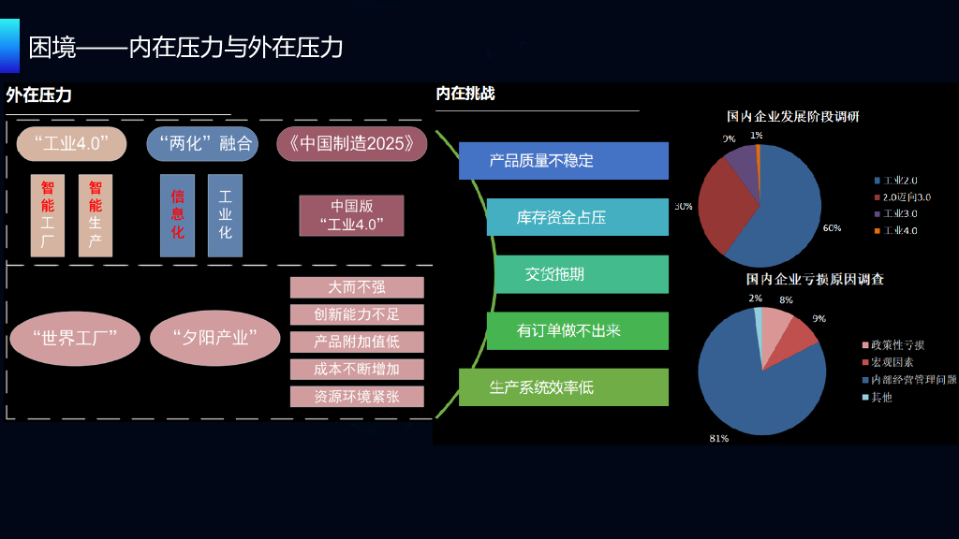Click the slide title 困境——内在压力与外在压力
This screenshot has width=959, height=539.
point(185,47)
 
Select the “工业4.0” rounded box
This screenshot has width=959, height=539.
point(71,143)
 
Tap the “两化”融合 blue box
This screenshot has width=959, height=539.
point(202,143)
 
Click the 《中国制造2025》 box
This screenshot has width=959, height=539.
point(352,143)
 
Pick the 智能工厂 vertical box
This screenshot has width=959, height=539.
point(48,215)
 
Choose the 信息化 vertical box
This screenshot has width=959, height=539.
point(177,215)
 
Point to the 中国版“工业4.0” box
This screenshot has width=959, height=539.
point(351,215)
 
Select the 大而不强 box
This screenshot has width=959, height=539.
point(357,287)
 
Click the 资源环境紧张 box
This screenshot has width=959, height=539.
point(357,396)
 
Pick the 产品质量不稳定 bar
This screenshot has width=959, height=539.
point(563,161)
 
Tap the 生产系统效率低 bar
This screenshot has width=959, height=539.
point(563,387)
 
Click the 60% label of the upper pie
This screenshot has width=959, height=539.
point(832,227)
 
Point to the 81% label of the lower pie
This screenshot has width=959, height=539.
point(719,437)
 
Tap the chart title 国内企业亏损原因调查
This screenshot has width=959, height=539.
point(815,279)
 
